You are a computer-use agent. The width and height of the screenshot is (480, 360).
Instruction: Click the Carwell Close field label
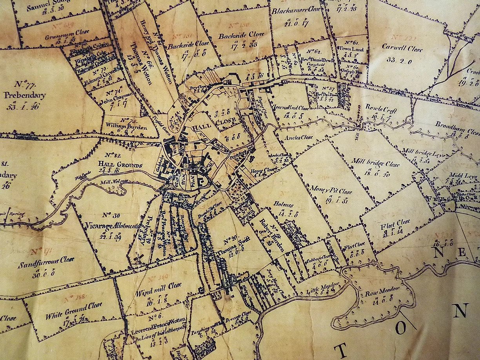402,50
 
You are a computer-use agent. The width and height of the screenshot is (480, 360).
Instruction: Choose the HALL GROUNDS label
121,165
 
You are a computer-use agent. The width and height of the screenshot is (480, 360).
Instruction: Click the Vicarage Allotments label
112,227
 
